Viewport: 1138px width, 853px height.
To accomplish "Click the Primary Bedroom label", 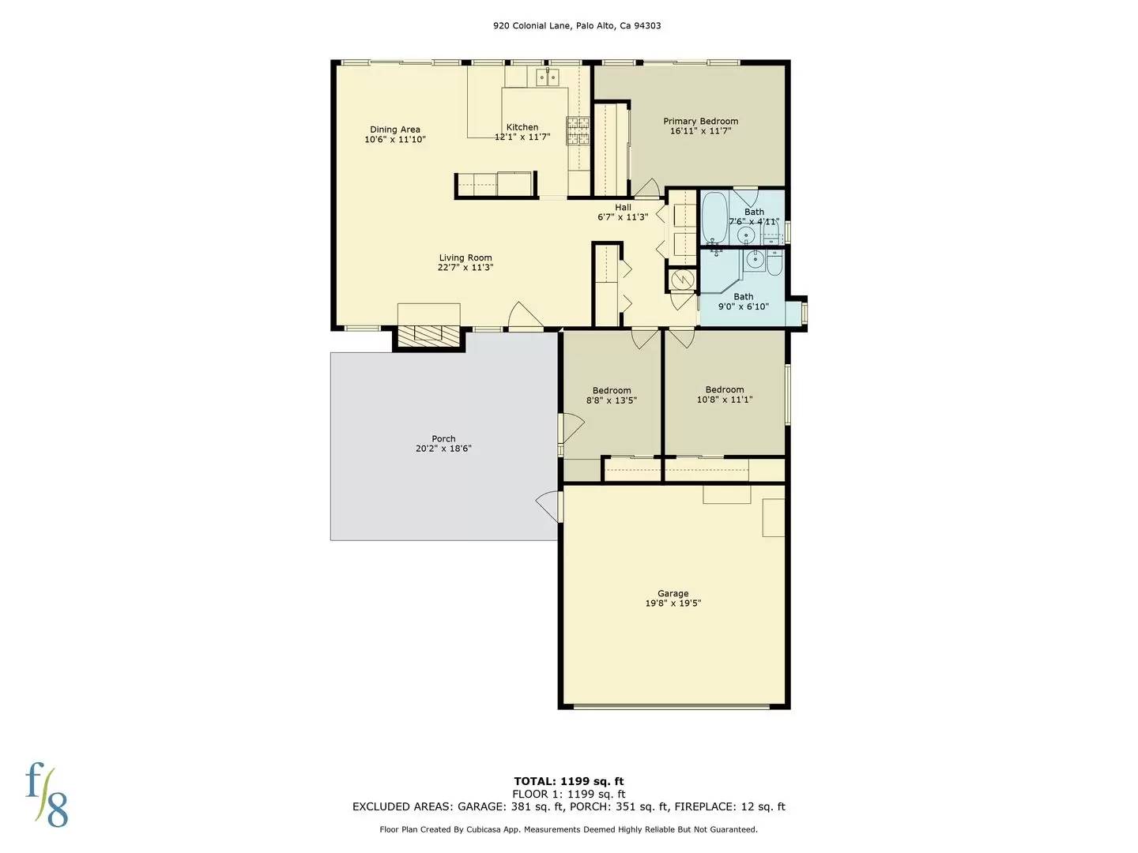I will tap(700, 122).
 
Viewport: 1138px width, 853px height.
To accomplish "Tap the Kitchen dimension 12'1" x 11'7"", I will tap(522, 137).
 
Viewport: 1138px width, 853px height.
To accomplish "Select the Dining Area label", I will tap(395, 130).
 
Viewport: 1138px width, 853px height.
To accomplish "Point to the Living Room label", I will tap(465, 257).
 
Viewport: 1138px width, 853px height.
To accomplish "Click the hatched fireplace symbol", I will tap(428, 335).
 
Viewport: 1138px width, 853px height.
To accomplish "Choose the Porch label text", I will tap(443, 438).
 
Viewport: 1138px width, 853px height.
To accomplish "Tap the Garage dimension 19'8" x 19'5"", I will tap(673, 603).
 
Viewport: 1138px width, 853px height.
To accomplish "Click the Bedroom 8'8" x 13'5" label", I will tap(612, 395).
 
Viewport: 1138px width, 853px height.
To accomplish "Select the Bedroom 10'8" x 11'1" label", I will tap(724, 394).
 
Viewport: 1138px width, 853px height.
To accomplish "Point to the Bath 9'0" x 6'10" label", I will tap(743, 302).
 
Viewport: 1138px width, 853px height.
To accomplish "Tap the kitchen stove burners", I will tap(578, 130).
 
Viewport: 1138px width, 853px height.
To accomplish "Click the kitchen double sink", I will tap(547, 77).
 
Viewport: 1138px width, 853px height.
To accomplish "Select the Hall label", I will tap(623, 208).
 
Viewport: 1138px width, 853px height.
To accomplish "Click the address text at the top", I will tap(577, 25).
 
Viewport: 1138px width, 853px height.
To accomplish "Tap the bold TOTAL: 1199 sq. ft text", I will tap(569, 782).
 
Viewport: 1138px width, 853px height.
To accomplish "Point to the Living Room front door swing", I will tap(523, 316).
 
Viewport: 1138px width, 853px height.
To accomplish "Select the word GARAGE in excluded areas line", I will tap(481, 807).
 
